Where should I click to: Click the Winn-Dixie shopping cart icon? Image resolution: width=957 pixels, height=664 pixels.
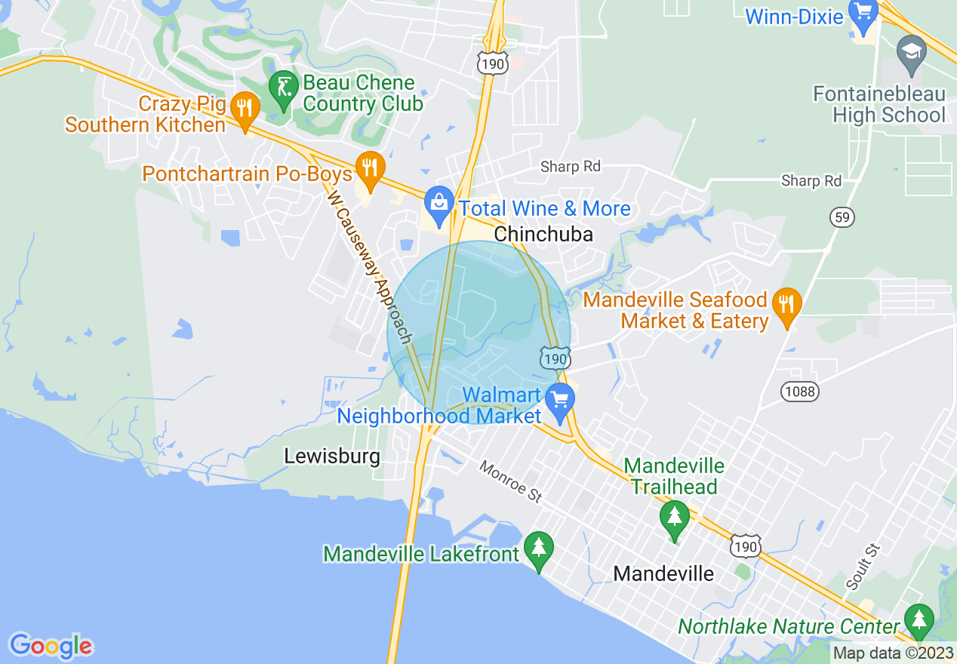click(861, 13)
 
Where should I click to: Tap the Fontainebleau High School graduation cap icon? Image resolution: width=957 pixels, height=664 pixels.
click(911, 55)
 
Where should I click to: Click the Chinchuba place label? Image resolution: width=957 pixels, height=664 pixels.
click(543, 235)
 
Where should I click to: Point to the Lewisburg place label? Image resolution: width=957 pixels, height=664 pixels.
click(332, 456)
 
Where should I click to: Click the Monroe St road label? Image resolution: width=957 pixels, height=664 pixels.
click(511, 482)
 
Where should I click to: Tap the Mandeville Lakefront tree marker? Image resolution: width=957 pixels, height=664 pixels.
click(538, 550)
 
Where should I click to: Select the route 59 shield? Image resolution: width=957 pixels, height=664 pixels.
click(842, 217)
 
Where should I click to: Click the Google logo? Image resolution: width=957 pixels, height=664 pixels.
click(51, 646)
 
